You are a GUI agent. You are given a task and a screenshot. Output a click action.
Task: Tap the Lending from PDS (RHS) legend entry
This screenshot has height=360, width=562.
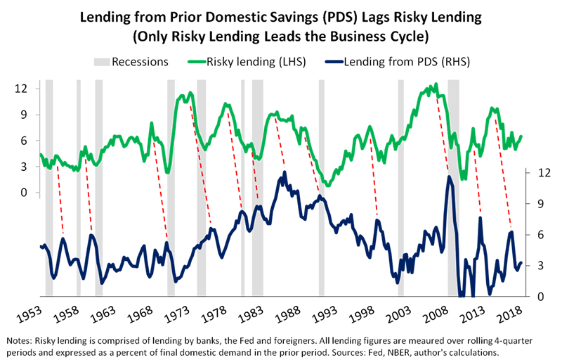397,61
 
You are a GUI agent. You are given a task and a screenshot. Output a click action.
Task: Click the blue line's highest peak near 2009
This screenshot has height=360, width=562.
449,176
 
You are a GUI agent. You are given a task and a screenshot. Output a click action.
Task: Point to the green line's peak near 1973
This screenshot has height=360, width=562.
189,94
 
